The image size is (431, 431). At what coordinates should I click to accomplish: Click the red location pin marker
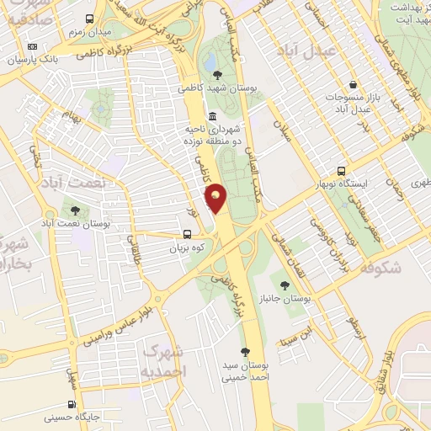[216, 198]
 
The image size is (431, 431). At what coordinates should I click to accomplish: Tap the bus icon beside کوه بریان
[188, 237]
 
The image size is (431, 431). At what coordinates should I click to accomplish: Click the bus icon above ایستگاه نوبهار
[341, 169]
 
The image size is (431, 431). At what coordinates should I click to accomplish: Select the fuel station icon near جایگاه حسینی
[72, 404]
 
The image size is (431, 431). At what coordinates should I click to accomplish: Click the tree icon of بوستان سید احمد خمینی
[245, 352]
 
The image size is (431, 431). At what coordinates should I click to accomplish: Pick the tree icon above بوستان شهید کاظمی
[218, 75]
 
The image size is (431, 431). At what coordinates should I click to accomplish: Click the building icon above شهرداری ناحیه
[210, 115]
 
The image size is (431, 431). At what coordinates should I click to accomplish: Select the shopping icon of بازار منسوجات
[354, 84]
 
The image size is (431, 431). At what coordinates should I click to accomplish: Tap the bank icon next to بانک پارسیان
[32, 46]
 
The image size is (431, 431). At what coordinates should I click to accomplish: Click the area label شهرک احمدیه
[164, 359]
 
